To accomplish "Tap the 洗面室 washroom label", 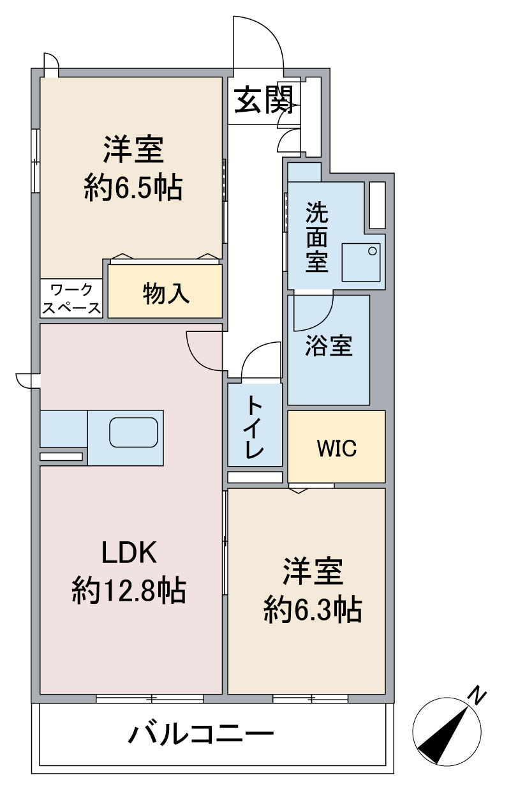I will coord(316,237).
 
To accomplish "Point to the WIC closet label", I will coord(336,448).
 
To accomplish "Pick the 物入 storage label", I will coord(166,293).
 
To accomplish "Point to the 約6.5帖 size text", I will coord(133,188).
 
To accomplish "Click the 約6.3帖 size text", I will coord(313,610).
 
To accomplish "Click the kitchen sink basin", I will coord(133,433).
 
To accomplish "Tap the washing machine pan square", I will coord(361,262).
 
